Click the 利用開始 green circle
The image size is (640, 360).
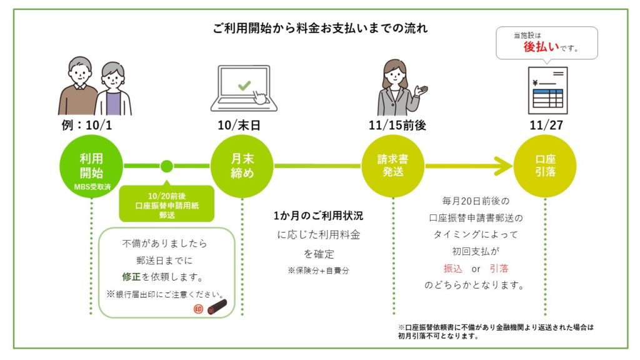[x=91, y=166]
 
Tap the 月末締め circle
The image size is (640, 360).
[x=242, y=166]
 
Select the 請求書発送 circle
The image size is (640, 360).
[x=394, y=166]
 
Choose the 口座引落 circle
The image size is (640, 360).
[x=544, y=166]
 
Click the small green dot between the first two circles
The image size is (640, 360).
[x=166, y=166]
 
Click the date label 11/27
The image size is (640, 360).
[x=544, y=125]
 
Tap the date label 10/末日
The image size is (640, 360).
[x=242, y=125]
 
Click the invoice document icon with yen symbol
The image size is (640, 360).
[x=546, y=91]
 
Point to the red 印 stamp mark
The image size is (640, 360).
[x=198, y=309]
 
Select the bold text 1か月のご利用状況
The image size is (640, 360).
[x=318, y=216]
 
